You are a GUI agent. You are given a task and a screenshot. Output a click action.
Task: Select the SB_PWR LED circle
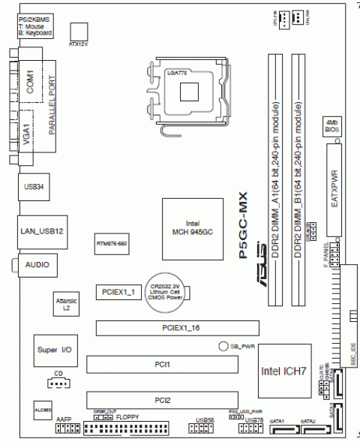tap(223, 346)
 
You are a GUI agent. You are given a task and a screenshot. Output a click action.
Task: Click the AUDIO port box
tap(37, 265)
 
